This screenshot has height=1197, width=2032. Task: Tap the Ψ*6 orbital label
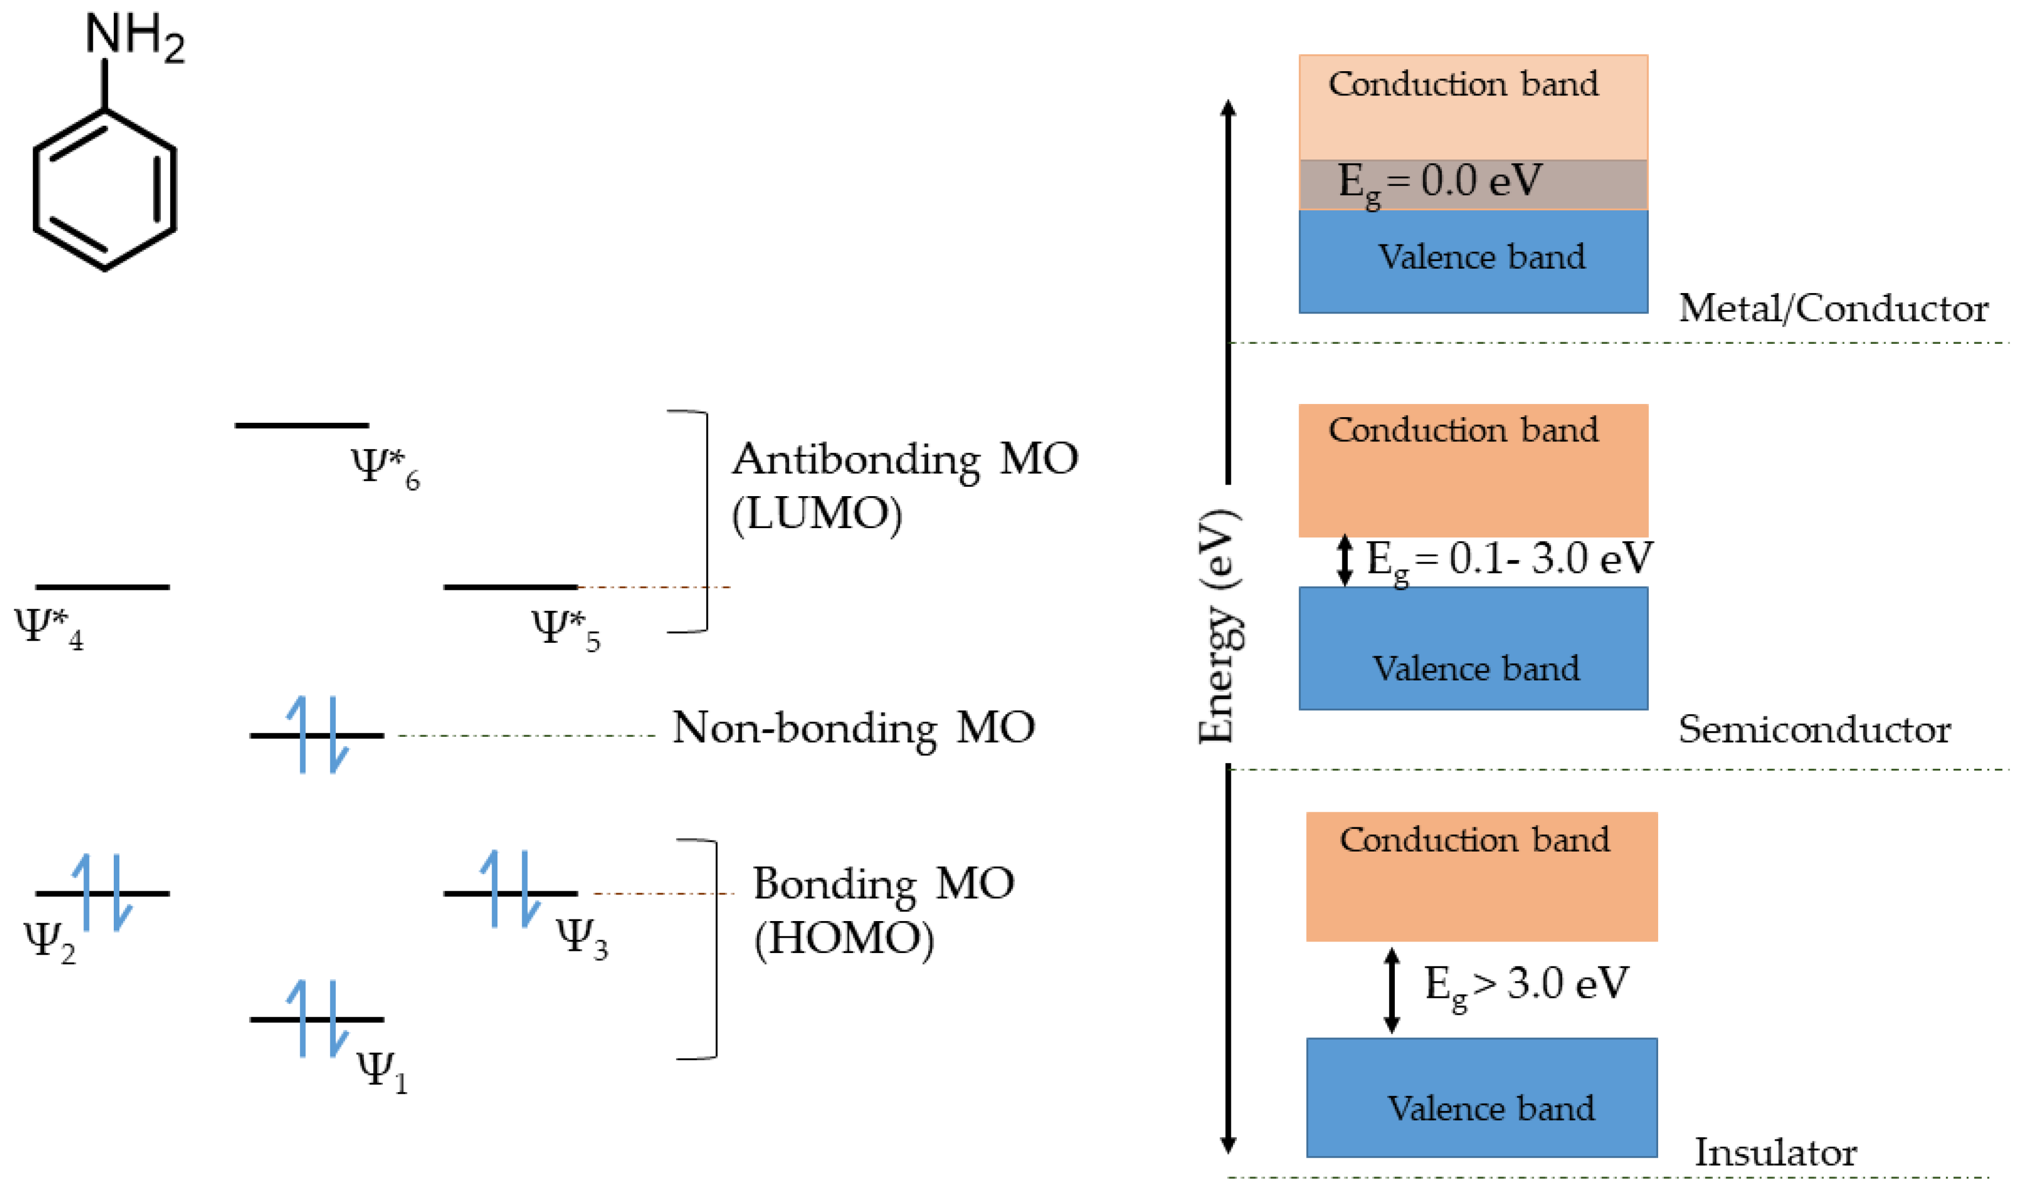click(385, 468)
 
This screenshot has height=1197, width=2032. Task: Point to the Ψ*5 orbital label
click(565, 629)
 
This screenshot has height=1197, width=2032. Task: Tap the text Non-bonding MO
click(853, 728)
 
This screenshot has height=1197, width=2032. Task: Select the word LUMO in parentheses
click(817, 514)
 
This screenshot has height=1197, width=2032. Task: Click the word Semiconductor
click(1814, 730)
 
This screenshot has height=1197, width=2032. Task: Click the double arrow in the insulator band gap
click(1391, 991)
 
